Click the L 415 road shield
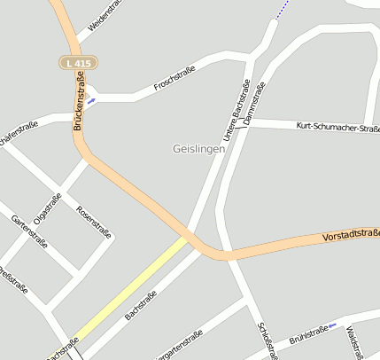(x=78, y=63)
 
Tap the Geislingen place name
(x=199, y=149)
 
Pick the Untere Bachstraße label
(x=236, y=110)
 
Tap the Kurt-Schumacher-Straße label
(x=337, y=128)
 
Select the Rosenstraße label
(x=94, y=223)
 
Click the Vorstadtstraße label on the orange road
(x=351, y=235)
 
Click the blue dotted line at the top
(x=282, y=10)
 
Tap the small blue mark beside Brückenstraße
(x=91, y=100)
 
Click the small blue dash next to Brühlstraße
(x=333, y=325)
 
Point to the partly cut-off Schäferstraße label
(x=18, y=137)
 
